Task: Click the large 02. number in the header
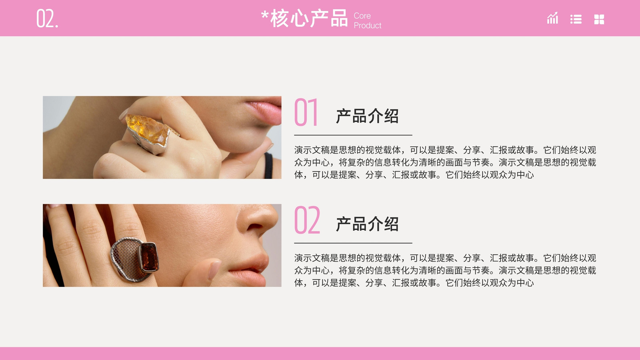(47, 18)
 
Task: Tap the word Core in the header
(362, 16)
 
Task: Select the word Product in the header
(368, 26)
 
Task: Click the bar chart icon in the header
(552, 18)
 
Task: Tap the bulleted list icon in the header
(576, 19)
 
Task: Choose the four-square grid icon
(599, 20)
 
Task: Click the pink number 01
(306, 112)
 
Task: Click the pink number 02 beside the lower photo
(307, 220)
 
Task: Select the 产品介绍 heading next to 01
(367, 116)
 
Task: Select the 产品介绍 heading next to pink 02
(367, 224)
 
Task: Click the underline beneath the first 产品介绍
(353, 135)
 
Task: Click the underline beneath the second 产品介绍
(353, 243)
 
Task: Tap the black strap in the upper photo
(268, 166)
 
